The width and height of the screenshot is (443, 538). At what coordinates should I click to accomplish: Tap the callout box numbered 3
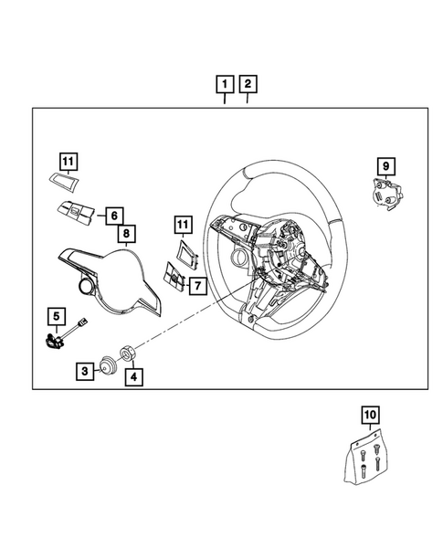tap(84, 371)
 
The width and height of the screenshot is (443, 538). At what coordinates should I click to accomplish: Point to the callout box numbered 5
tap(57, 318)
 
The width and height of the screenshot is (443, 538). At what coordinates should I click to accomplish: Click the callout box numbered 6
tap(113, 216)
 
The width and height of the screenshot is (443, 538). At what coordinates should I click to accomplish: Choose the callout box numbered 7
tap(195, 286)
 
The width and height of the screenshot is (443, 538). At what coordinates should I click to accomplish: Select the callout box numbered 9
tap(387, 165)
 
